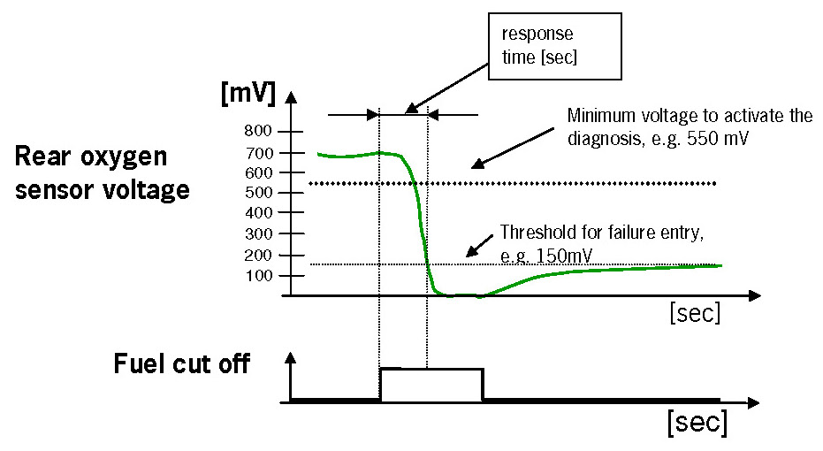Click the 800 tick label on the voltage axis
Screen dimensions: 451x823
(x=264, y=131)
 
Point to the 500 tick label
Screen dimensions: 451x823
(x=264, y=193)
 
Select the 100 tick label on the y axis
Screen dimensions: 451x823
(x=264, y=276)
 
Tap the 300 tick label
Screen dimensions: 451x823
(x=264, y=234)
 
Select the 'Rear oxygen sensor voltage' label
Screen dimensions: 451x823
(x=102, y=173)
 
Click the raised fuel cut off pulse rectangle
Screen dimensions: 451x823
(x=431, y=385)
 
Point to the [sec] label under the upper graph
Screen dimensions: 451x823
(x=696, y=312)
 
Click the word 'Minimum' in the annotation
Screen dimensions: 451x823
(x=599, y=116)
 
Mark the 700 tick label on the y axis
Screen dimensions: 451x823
(x=264, y=152)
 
